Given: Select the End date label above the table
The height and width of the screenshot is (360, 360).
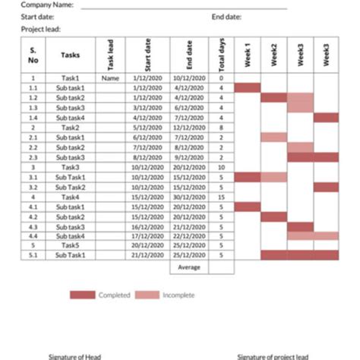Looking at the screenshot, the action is click(x=226, y=17).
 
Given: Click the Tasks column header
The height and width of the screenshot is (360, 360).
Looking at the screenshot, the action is click(x=71, y=55).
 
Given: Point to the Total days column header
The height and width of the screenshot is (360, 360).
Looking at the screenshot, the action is click(x=221, y=55).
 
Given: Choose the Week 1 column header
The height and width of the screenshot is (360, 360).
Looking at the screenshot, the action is click(x=248, y=55).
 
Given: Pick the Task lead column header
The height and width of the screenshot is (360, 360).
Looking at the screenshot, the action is click(x=111, y=55).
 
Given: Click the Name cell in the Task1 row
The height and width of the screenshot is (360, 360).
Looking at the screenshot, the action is click(x=111, y=77).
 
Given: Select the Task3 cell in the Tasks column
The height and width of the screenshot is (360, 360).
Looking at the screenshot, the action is click(x=71, y=166).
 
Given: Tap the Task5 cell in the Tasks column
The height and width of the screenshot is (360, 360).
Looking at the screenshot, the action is click(x=71, y=245).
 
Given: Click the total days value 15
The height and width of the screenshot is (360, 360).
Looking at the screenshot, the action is click(x=221, y=196).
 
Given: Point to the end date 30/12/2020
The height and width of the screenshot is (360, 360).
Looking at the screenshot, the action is click(x=190, y=196).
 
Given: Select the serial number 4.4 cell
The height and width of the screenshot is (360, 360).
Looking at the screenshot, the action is click(x=33, y=235).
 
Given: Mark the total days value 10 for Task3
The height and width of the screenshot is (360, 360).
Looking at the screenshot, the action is click(x=221, y=166).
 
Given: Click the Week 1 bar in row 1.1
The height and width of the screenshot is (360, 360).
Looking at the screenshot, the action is click(x=248, y=87).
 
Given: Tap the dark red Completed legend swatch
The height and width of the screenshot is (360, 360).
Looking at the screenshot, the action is click(x=82, y=295).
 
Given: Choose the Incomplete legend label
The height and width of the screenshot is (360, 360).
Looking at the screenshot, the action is click(x=178, y=295).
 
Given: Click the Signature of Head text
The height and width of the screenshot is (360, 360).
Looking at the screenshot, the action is click(x=74, y=356).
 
